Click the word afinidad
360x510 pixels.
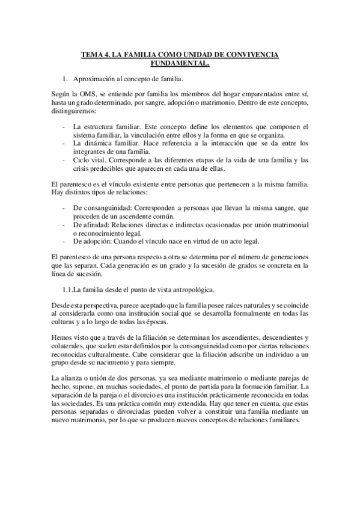click(x=95, y=224)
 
